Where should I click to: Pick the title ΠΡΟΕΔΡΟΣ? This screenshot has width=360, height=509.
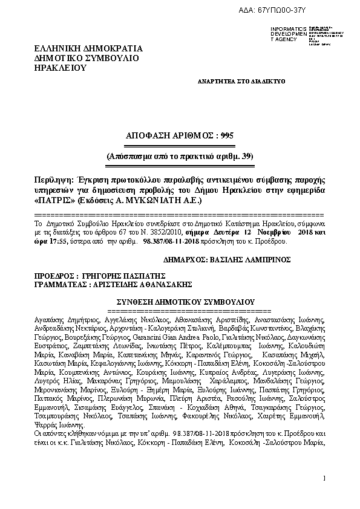pyautogui.click(x=55, y=274)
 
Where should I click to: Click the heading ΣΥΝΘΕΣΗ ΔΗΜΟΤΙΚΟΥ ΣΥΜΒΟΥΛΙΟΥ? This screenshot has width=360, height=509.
pyautogui.click(x=185, y=301)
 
